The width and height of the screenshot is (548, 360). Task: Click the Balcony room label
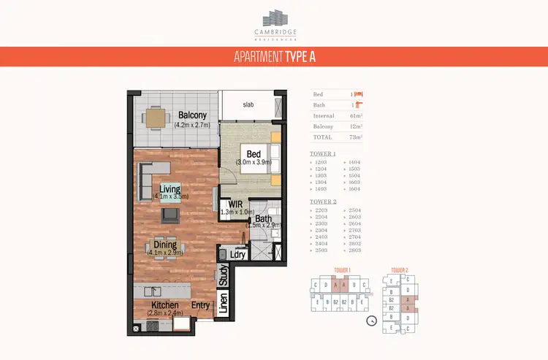pos(192,115)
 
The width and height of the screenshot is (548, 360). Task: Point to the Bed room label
pos(254,155)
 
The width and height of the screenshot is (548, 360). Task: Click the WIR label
pos(235,204)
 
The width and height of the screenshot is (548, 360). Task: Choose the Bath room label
pos(263,218)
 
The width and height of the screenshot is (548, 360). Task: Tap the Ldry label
pos(237,254)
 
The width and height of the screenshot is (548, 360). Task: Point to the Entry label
pos(201,305)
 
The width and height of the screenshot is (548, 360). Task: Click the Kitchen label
pos(165,305)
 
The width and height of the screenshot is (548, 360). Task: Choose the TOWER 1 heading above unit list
pos(323,154)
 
